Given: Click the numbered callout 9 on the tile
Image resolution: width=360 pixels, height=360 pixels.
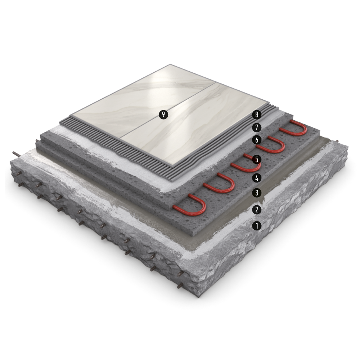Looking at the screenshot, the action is (x=163, y=114).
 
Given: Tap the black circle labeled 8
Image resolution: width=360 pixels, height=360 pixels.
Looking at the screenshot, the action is (x=257, y=114).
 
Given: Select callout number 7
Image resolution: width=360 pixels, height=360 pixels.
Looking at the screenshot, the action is (x=257, y=127).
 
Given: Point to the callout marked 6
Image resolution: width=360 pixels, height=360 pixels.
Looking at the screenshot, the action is (x=257, y=140).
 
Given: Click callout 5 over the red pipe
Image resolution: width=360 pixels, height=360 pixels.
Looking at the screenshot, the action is (x=257, y=159).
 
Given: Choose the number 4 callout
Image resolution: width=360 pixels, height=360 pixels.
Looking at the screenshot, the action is (x=257, y=178).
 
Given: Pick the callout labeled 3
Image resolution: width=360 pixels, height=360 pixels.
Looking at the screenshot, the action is (x=257, y=193).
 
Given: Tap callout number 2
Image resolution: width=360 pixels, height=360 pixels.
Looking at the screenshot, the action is (x=257, y=210).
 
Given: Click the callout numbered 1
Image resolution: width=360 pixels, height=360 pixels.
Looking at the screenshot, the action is (x=257, y=226).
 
